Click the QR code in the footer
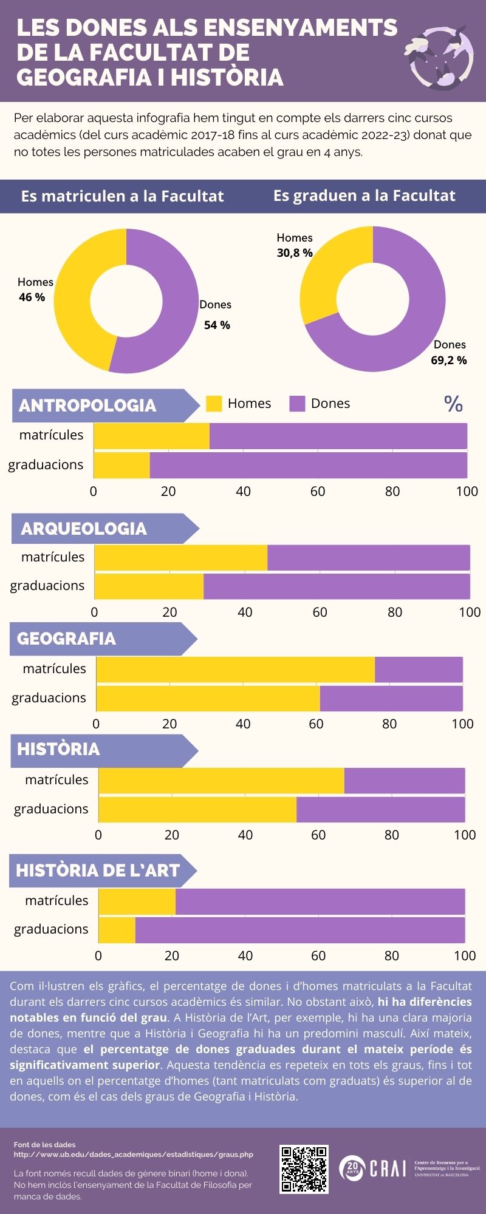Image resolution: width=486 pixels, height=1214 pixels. click(304, 1169)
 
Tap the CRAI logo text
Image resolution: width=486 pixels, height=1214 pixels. click(387, 1167)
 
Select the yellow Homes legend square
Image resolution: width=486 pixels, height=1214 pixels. click(214, 404)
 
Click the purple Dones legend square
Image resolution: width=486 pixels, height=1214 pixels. click(297, 404)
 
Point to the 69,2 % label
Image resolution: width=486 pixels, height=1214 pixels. click(449, 361)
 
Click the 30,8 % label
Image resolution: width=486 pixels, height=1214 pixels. click(295, 253)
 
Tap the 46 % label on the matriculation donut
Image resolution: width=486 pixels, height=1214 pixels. click(32, 297)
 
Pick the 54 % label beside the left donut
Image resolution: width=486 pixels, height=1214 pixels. click(217, 325)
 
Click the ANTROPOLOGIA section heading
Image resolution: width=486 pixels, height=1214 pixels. click(87, 405)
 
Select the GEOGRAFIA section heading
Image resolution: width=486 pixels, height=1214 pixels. click(66, 639)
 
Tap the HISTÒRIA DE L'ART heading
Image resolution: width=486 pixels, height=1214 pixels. click(98, 870)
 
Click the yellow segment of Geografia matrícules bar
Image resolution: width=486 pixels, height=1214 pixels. click(236, 670)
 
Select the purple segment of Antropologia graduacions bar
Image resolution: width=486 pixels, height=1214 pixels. click(309, 466)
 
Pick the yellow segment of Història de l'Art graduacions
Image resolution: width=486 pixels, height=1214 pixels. click(117, 930)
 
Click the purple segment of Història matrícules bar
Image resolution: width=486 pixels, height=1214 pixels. click(404, 781)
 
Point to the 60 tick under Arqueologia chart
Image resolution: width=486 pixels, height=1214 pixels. click(320, 612)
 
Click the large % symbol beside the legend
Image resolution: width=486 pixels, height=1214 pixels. click(453, 404)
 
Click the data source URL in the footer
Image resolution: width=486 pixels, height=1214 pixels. click(134, 1154)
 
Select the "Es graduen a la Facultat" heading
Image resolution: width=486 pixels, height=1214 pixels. click(364, 195)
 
